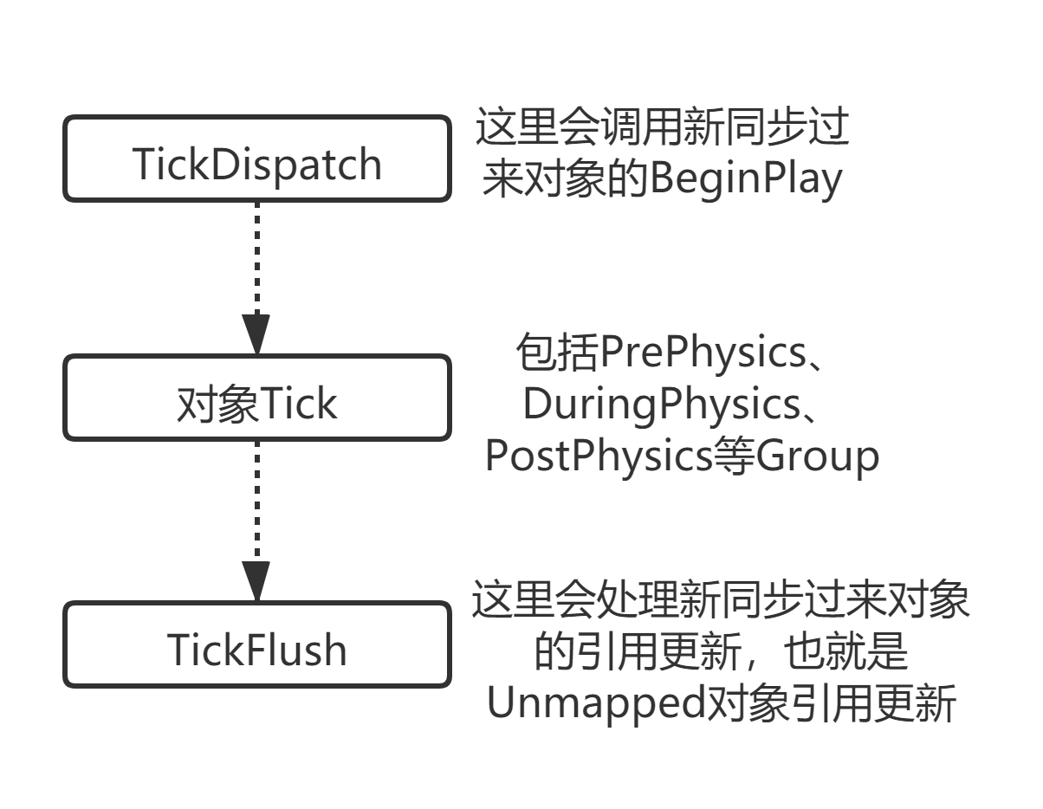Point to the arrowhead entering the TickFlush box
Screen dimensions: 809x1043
click(x=256, y=581)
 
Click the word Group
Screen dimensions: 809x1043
click(x=818, y=456)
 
